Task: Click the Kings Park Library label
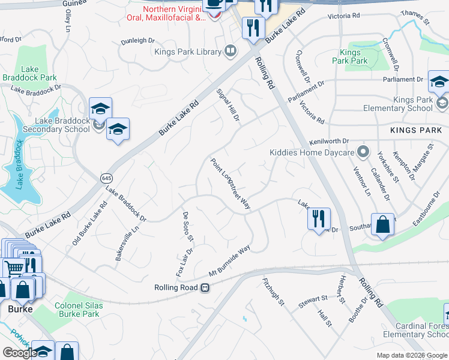[x=188, y=52]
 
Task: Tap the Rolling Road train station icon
[x=205, y=288]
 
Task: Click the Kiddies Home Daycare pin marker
[x=362, y=151]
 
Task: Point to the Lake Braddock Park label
[x=29, y=73]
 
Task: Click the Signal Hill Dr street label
[x=228, y=107]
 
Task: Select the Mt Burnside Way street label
[x=229, y=262]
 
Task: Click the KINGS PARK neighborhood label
[x=415, y=130]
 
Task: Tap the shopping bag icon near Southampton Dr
[x=383, y=225]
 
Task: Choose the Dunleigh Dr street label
[x=137, y=40]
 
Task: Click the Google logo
[x=20, y=353]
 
